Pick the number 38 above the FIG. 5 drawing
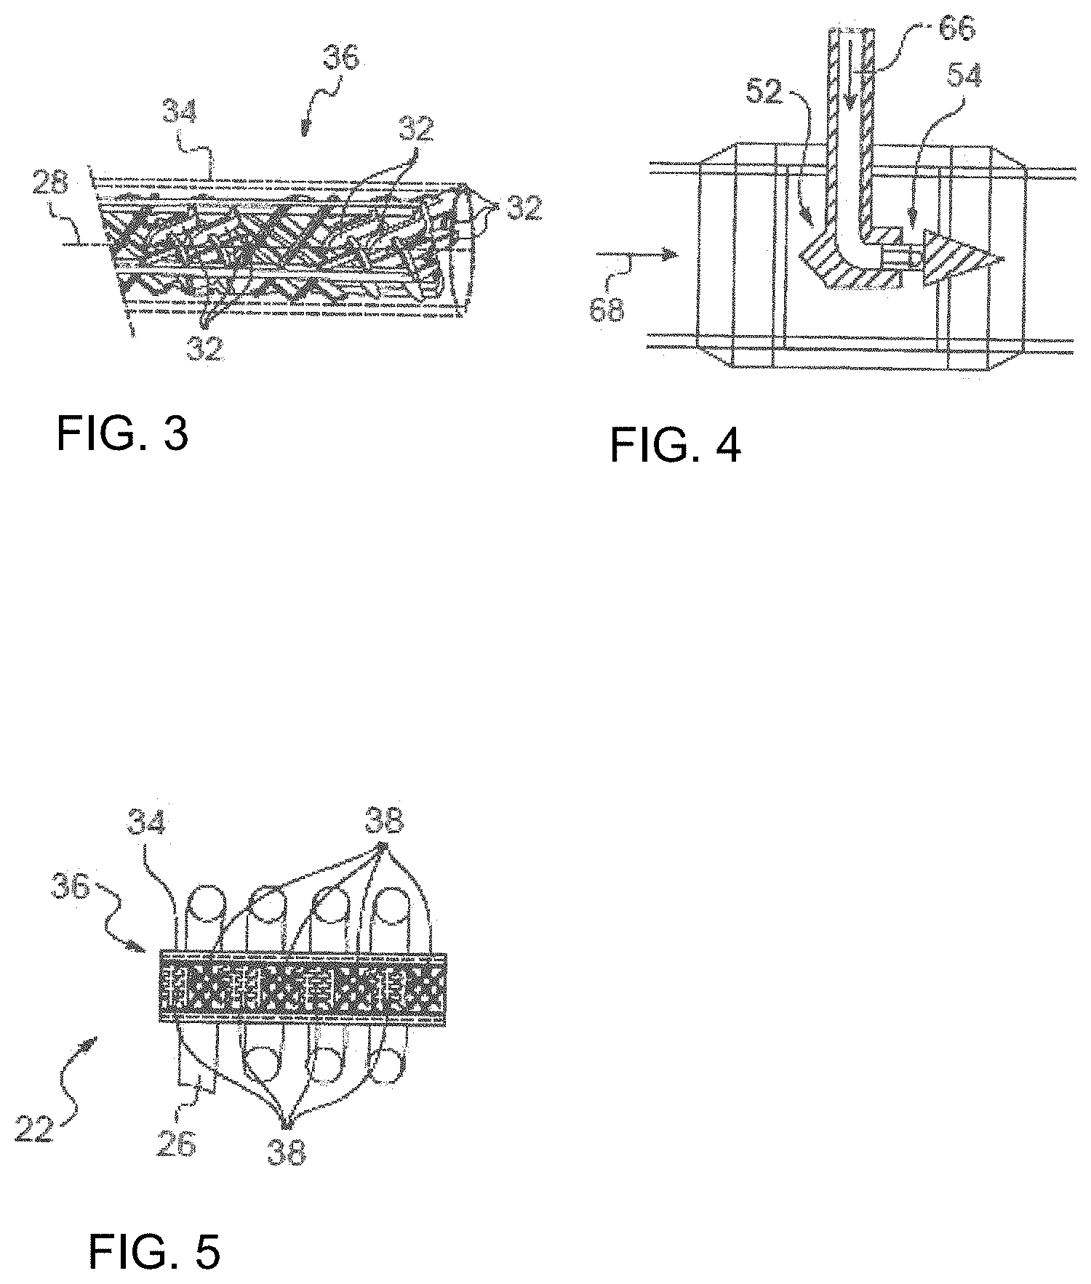point(382,825)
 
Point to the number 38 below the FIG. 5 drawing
point(287,1148)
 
